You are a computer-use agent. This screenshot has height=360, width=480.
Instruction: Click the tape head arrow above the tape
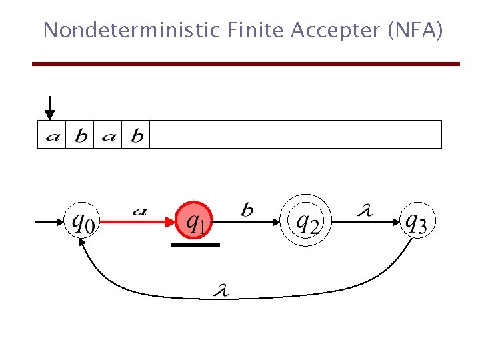pos(50,108)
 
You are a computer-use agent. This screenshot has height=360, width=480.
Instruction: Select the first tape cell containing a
pos(52,135)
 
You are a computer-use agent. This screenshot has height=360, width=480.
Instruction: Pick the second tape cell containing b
pos(80,135)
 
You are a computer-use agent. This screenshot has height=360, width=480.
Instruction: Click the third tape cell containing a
pos(108,135)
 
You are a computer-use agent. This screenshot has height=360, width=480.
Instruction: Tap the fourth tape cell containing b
pos(136,135)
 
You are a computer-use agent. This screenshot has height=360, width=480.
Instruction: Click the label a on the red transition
pos(139,212)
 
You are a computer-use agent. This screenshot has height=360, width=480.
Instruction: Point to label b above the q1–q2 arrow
pos(247,211)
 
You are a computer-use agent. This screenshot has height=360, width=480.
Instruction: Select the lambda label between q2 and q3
pos(365,211)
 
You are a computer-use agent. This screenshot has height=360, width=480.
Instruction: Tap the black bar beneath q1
pos(195,244)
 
